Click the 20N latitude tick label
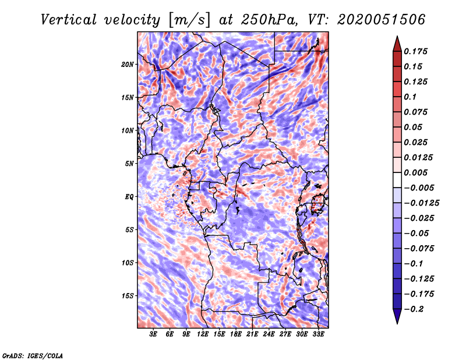click(128, 64)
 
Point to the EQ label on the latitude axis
click(130, 197)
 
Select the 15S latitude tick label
click(128, 296)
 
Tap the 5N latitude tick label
click(129, 164)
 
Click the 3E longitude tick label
click(154, 334)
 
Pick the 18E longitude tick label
click(236, 334)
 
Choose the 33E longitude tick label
click(318, 334)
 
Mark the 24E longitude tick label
click(269, 334)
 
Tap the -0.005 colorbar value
click(419, 188)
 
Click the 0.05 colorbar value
click(414, 127)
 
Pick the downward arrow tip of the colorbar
click(397, 322)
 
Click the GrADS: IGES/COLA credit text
click(32, 355)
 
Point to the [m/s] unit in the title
click(187, 20)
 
